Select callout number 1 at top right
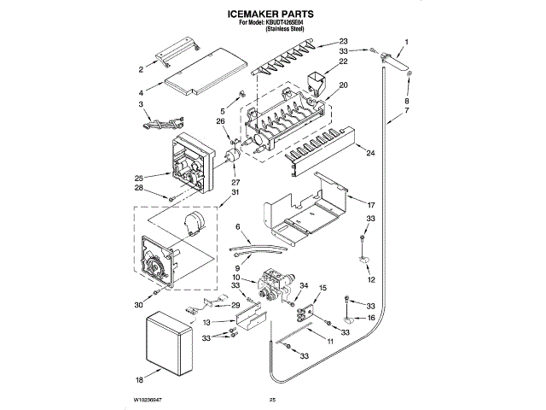406,42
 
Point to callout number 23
344,42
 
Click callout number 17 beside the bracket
371,205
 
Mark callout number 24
371,154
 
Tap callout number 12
371,279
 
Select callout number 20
344,85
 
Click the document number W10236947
147,399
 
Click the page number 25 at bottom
273,399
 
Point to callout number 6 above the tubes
240,227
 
